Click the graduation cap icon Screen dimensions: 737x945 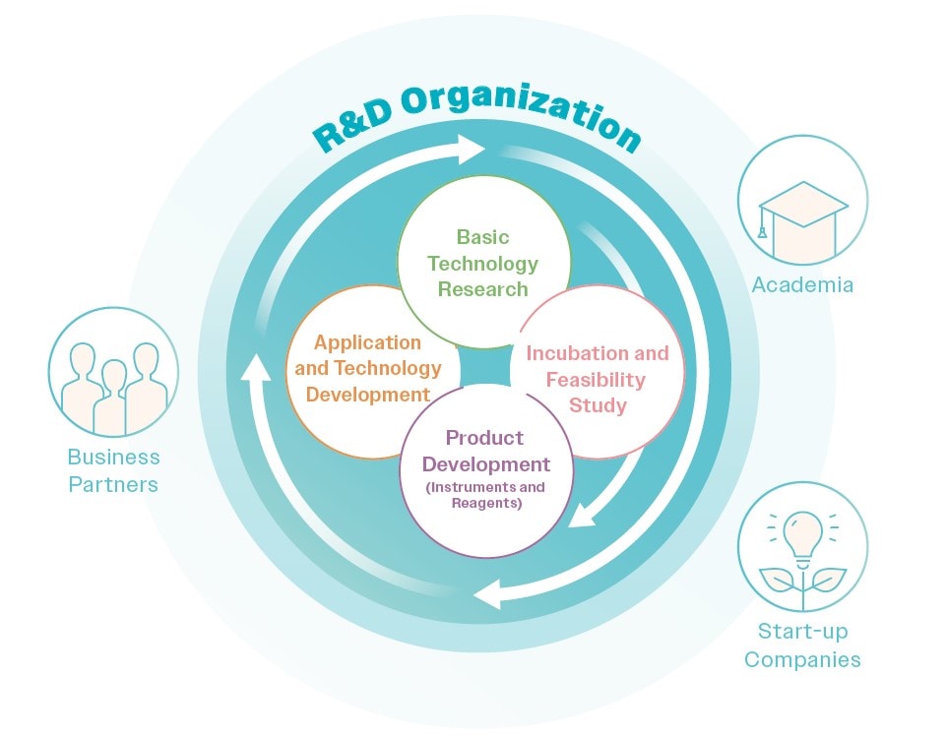(x=802, y=214)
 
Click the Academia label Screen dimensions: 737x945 (x=802, y=285)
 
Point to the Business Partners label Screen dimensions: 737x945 (x=114, y=470)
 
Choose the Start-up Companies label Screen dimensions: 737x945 (x=802, y=645)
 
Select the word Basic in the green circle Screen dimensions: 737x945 (x=482, y=237)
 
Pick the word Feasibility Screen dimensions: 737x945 (x=597, y=380)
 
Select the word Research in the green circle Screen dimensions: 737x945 (x=482, y=289)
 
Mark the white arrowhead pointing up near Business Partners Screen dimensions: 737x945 (x=256, y=368)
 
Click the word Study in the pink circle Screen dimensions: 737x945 (x=597, y=405)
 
